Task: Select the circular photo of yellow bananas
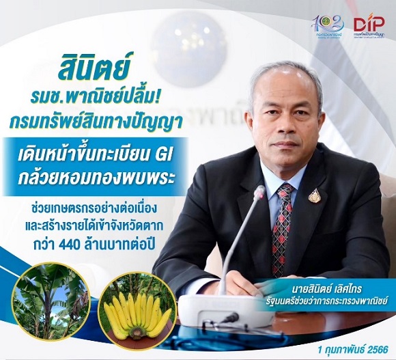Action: (136, 307)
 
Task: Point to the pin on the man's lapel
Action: (314, 196)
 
